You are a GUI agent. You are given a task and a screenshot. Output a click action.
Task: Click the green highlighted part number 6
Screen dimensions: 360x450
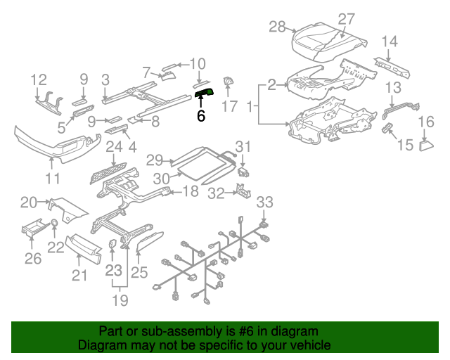tap(204, 94)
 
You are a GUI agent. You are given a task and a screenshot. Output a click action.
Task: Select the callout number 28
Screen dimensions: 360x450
tap(278, 27)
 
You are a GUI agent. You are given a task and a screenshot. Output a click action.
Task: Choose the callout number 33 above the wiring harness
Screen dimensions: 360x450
tap(264, 202)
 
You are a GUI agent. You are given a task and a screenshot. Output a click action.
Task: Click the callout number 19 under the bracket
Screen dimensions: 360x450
tap(120, 301)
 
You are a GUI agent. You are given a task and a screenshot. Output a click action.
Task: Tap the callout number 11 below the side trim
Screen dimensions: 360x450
tap(53, 178)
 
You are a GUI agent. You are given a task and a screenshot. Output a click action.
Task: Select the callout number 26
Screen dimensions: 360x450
tap(33, 259)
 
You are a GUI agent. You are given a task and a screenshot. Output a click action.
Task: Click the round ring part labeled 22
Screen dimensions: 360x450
tap(53, 224)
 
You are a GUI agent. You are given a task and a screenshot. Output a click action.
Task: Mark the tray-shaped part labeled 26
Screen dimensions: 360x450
tap(34, 231)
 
